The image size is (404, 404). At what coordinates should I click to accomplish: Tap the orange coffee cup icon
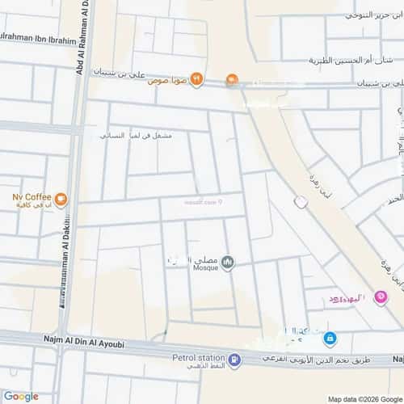(x=61, y=196)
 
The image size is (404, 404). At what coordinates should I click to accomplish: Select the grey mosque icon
(x=228, y=263)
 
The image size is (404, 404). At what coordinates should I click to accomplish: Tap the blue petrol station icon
(x=234, y=360)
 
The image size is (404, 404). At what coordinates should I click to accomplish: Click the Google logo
(x=20, y=396)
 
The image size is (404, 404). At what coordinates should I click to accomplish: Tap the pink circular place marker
(x=381, y=297)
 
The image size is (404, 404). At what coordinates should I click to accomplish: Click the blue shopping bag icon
(x=330, y=338)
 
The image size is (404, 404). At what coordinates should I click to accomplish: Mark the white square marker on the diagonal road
(x=301, y=203)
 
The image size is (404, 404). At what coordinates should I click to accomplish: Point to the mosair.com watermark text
(x=204, y=203)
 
